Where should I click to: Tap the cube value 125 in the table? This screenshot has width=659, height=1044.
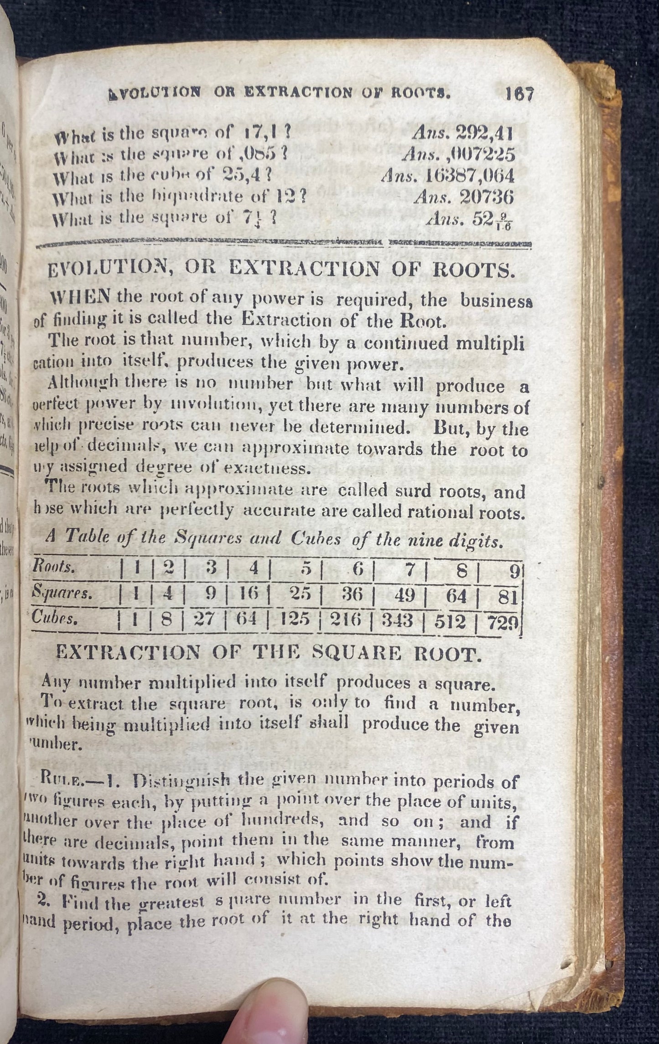coord(296,620)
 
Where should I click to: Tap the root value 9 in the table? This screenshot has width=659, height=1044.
coord(514,571)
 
